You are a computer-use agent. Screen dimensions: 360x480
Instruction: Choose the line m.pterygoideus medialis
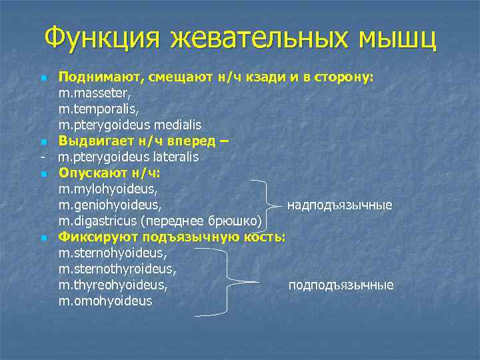(129, 125)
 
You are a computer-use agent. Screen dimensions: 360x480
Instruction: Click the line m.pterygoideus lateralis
(128, 157)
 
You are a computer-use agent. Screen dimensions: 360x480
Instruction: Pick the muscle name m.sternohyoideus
(111, 253)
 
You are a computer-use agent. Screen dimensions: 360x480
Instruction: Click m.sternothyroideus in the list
(117, 269)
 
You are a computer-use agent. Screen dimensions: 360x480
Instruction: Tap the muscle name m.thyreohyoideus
(112, 285)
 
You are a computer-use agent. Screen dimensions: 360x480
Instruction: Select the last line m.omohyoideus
(105, 301)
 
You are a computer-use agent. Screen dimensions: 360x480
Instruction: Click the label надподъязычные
(339, 205)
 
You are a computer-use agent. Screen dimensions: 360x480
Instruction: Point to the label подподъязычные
(341, 285)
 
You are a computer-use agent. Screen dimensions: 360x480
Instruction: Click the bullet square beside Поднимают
(43, 78)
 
